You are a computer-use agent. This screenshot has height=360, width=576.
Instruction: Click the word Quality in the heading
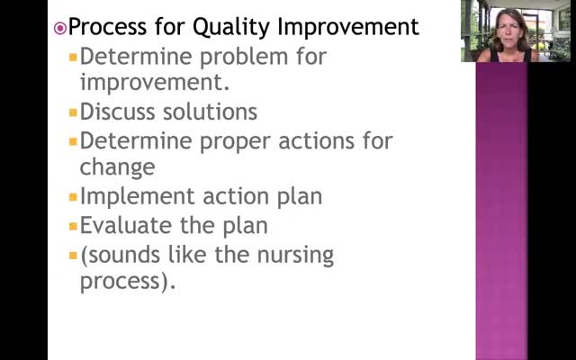(232, 27)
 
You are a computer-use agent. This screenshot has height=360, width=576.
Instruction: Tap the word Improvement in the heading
(348, 27)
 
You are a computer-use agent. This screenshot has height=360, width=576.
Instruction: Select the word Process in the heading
(108, 27)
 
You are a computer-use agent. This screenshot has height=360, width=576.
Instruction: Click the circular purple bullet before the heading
(60, 28)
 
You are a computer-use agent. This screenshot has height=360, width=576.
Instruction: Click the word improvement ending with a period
(155, 82)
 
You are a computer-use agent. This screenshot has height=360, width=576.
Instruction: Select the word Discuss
(118, 112)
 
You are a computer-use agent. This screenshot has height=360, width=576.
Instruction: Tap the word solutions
(210, 112)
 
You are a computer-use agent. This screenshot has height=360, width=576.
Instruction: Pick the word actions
(316, 141)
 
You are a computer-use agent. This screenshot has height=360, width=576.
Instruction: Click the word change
(118, 167)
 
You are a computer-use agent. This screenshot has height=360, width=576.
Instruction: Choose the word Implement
(137, 196)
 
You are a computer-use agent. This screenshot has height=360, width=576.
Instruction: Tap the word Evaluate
(126, 225)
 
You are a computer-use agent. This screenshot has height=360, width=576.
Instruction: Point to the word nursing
(295, 255)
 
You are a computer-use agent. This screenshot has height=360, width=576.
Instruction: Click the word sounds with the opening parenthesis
(120, 254)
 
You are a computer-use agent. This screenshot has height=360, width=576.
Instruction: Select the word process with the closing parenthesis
(128, 282)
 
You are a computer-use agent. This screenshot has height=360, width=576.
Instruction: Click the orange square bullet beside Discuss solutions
(73, 112)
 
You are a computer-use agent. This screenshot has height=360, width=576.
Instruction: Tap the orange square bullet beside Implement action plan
(73, 197)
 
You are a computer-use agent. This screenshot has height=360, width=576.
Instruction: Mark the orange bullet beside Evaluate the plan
(73, 226)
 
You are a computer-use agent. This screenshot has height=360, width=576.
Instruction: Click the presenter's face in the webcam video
(511, 34)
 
